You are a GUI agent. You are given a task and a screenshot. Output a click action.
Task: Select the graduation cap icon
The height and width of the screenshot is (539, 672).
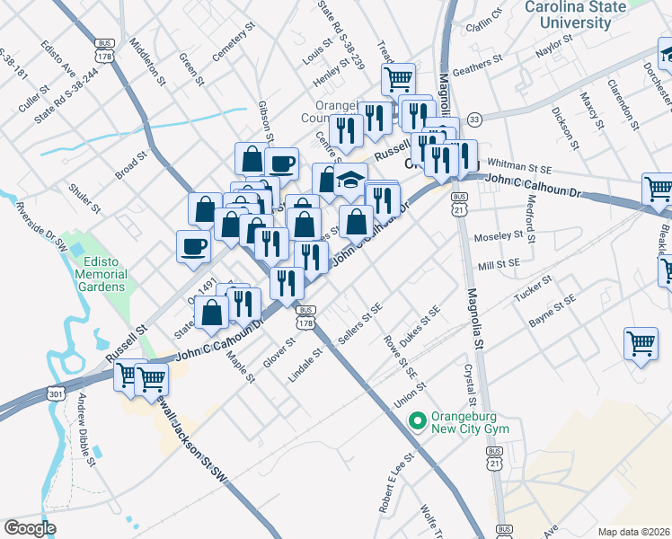coord(351,180)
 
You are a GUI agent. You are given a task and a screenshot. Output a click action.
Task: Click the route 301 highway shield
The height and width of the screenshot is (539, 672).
coord(57,393)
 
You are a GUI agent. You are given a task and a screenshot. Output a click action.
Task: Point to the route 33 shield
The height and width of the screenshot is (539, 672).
coord(474,119)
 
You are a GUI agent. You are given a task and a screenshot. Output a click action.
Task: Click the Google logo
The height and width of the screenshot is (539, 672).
coord(30,526)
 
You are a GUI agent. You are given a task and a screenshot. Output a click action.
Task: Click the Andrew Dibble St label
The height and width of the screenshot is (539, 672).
coord(86,431)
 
